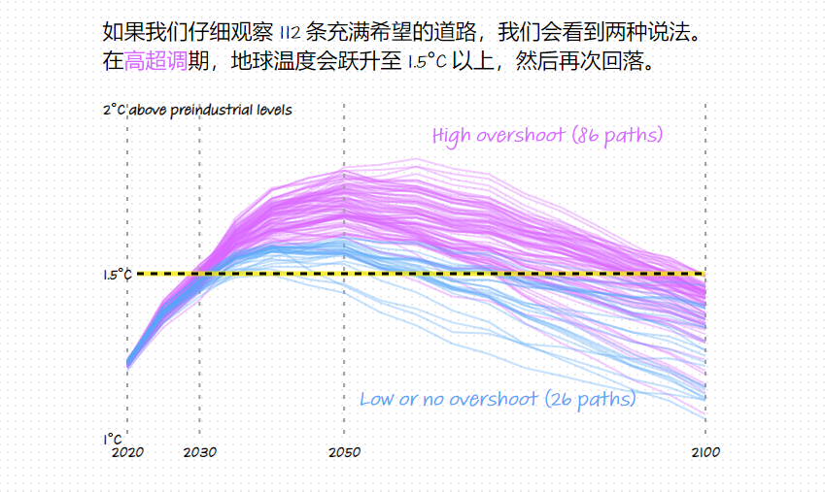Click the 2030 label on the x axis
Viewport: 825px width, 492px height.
199,452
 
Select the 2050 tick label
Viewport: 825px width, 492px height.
344,452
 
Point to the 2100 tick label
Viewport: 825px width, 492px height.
705,452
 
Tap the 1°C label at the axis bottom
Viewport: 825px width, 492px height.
113,439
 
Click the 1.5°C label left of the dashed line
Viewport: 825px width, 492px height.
117,275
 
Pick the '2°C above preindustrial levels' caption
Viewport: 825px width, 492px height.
197,110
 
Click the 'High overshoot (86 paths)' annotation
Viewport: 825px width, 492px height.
547,135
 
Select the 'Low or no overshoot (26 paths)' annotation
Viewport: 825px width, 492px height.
498,399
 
